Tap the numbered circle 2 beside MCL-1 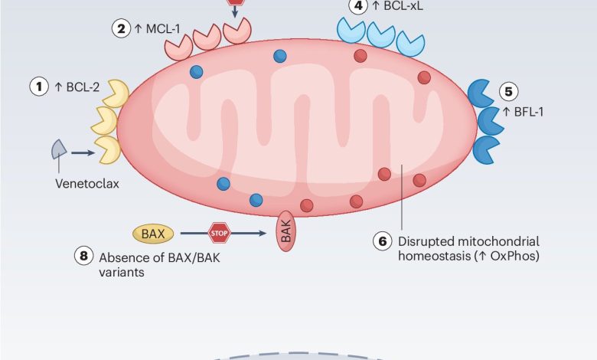click(x=120, y=29)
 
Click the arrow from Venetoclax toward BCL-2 click(x=83, y=153)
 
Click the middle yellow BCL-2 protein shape click(x=105, y=120)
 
